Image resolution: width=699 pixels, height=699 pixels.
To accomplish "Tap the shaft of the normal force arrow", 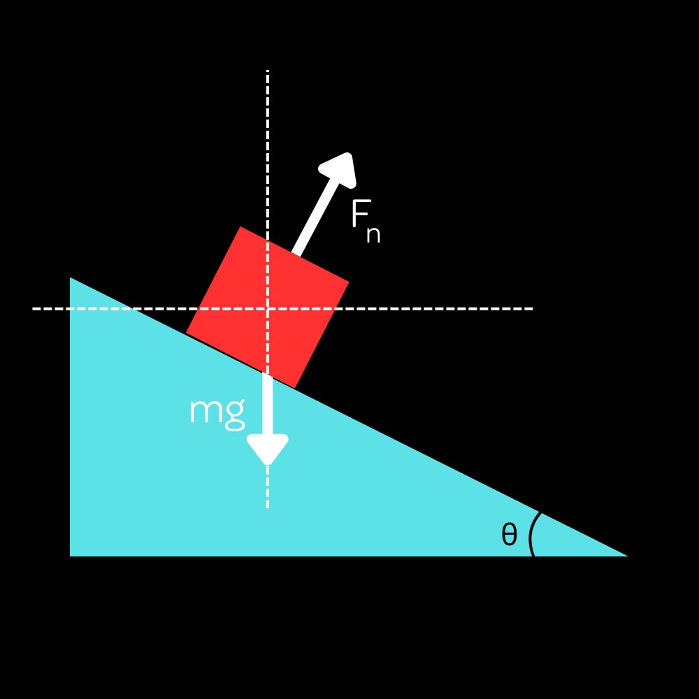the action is pyautogui.click(x=314, y=217).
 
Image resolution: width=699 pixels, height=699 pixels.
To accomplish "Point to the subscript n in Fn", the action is pyautogui.click(x=373, y=235).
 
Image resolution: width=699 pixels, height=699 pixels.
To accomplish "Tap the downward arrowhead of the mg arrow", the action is pyautogui.click(x=268, y=449).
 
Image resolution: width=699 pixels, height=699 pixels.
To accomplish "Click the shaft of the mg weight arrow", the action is pyautogui.click(x=268, y=403).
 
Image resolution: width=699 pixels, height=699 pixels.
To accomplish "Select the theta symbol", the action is pyautogui.click(x=509, y=534).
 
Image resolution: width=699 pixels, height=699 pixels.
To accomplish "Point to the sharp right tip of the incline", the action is pyautogui.click(x=628, y=556).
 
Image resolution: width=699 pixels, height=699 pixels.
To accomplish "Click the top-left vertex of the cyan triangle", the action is pyautogui.click(x=70, y=278).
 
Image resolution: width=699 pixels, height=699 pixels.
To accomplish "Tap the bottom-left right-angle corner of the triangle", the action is pyautogui.click(x=70, y=556).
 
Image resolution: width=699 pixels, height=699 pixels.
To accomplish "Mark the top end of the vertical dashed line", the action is pyautogui.click(x=268, y=71).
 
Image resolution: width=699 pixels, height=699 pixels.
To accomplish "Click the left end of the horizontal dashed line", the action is pyautogui.click(x=33, y=308).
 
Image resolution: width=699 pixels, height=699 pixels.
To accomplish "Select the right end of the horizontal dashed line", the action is pyautogui.click(x=533, y=308).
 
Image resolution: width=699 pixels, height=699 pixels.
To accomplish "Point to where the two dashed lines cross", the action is pyautogui.click(x=268, y=308).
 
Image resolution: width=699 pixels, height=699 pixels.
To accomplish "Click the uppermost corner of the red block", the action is pyautogui.click(x=240, y=226).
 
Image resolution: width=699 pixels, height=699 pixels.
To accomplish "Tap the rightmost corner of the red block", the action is pyautogui.click(x=349, y=282).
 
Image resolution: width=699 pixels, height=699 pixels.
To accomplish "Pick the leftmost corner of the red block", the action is pyautogui.click(x=186, y=333).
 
